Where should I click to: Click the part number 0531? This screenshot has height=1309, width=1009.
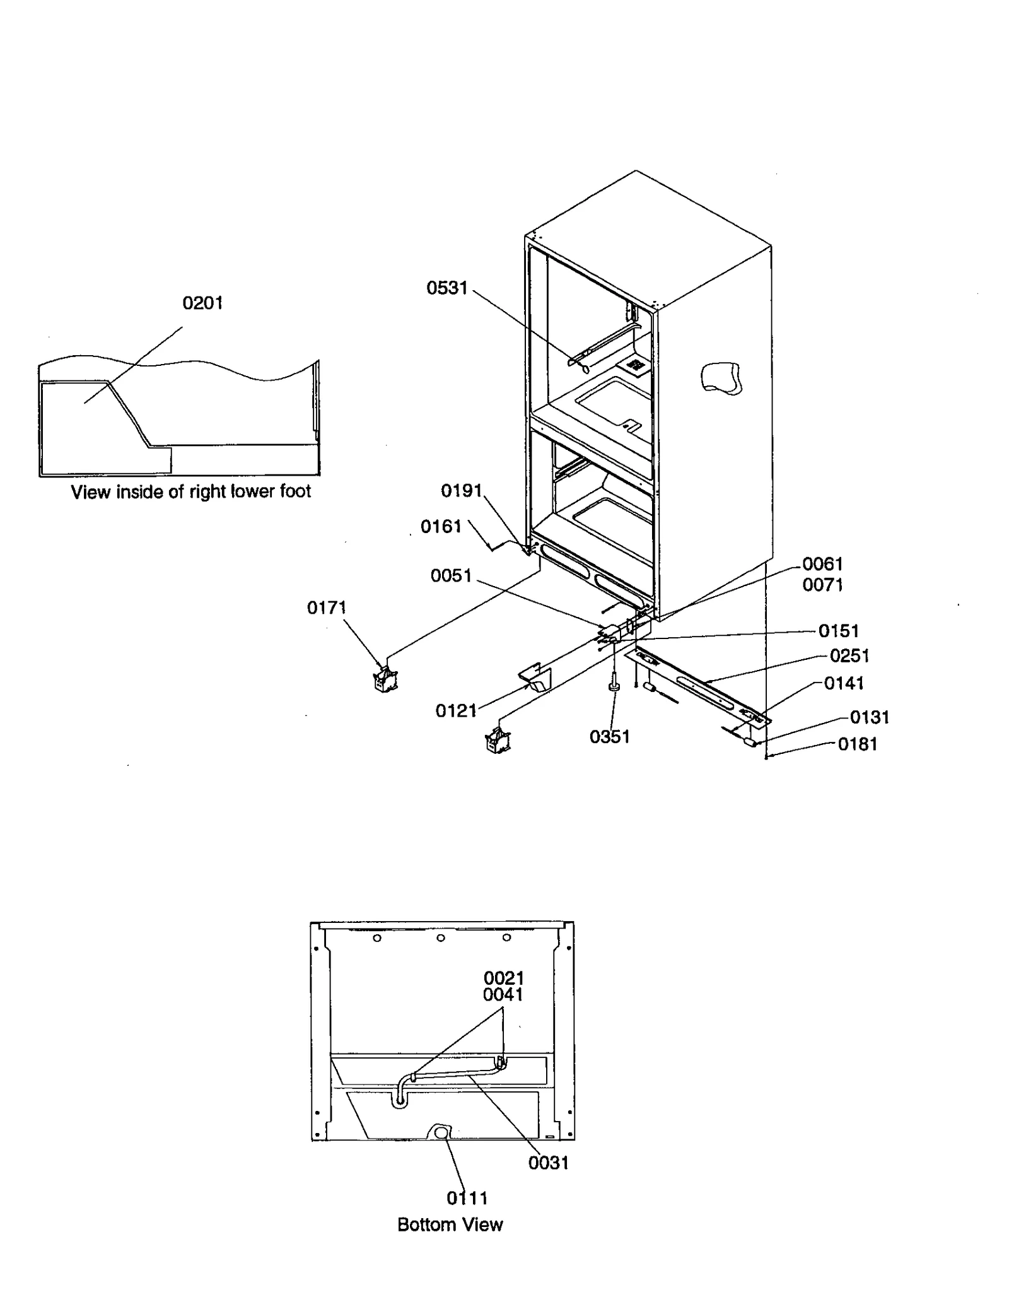tap(446, 288)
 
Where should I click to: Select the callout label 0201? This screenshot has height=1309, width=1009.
tap(202, 303)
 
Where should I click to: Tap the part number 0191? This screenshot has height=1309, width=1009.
tap(461, 491)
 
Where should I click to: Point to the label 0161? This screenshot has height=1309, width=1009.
tap(441, 527)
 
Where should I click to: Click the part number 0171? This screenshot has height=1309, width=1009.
tap(327, 608)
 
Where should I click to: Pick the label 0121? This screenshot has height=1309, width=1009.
tap(455, 711)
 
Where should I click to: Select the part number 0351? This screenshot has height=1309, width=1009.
tap(609, 737)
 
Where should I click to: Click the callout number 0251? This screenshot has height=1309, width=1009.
tap(849, 656)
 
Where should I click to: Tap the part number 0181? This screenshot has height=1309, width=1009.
tap(857, 744)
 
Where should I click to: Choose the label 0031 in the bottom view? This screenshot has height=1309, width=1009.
tap(548, 1163)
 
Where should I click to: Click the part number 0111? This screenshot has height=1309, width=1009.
tap(467, 1198)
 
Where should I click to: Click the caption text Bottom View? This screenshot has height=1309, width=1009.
tap(450, 1224)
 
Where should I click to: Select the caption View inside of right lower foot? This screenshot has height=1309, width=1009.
tap(190, 492)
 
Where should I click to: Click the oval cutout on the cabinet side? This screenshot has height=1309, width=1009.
tap(721, 379)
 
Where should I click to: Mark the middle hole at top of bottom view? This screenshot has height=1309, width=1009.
tap(441, 938)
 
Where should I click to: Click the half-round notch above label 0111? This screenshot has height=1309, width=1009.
tap(441, 1133)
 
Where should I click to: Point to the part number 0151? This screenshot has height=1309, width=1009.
tap(838, 631)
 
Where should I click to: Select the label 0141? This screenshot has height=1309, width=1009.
tap(843, 683)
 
